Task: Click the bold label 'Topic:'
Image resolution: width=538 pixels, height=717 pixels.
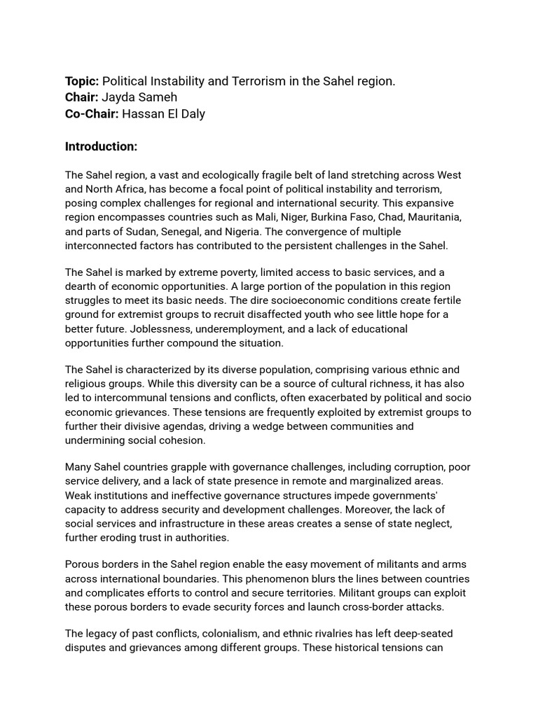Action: point(82,81)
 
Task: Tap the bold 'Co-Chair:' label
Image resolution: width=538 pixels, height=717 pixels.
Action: point(92,113)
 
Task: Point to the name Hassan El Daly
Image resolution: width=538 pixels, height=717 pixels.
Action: point(163,113)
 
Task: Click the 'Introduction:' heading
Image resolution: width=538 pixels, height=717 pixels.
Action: point(101,146)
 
